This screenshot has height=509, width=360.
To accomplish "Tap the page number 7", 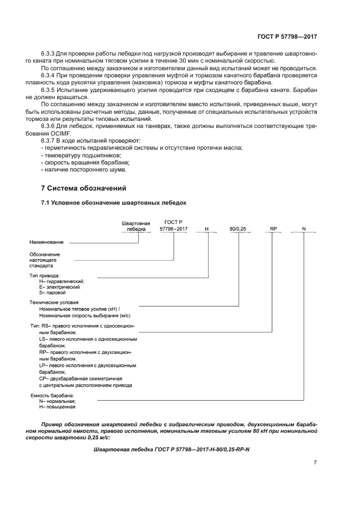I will coord(315,463).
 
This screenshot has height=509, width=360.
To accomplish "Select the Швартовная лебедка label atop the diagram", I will coord(135,226).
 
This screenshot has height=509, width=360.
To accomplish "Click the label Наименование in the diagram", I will coord(46,242).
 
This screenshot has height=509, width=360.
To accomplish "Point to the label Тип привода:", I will coord(45,275).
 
